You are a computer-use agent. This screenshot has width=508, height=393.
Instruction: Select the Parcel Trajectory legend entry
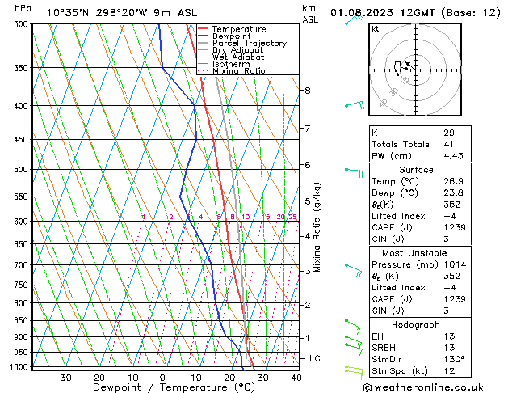point(249,44)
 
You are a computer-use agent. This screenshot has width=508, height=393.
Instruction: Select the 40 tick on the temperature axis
point(296,377)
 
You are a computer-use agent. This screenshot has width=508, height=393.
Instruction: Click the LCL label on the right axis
point(317,358)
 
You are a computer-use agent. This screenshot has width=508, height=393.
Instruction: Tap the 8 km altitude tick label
point(308,91)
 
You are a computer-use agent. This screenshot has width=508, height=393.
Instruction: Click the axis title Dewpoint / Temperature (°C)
point(162,387)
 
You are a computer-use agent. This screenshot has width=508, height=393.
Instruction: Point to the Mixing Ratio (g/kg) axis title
point(317,227)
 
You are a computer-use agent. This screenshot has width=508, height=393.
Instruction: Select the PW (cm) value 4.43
point(451,156)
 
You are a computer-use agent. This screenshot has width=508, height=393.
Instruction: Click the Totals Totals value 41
point(448,144)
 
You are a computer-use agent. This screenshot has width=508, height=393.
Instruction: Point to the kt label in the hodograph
point(375,29)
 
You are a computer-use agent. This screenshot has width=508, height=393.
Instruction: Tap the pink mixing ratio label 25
point(292,217)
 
